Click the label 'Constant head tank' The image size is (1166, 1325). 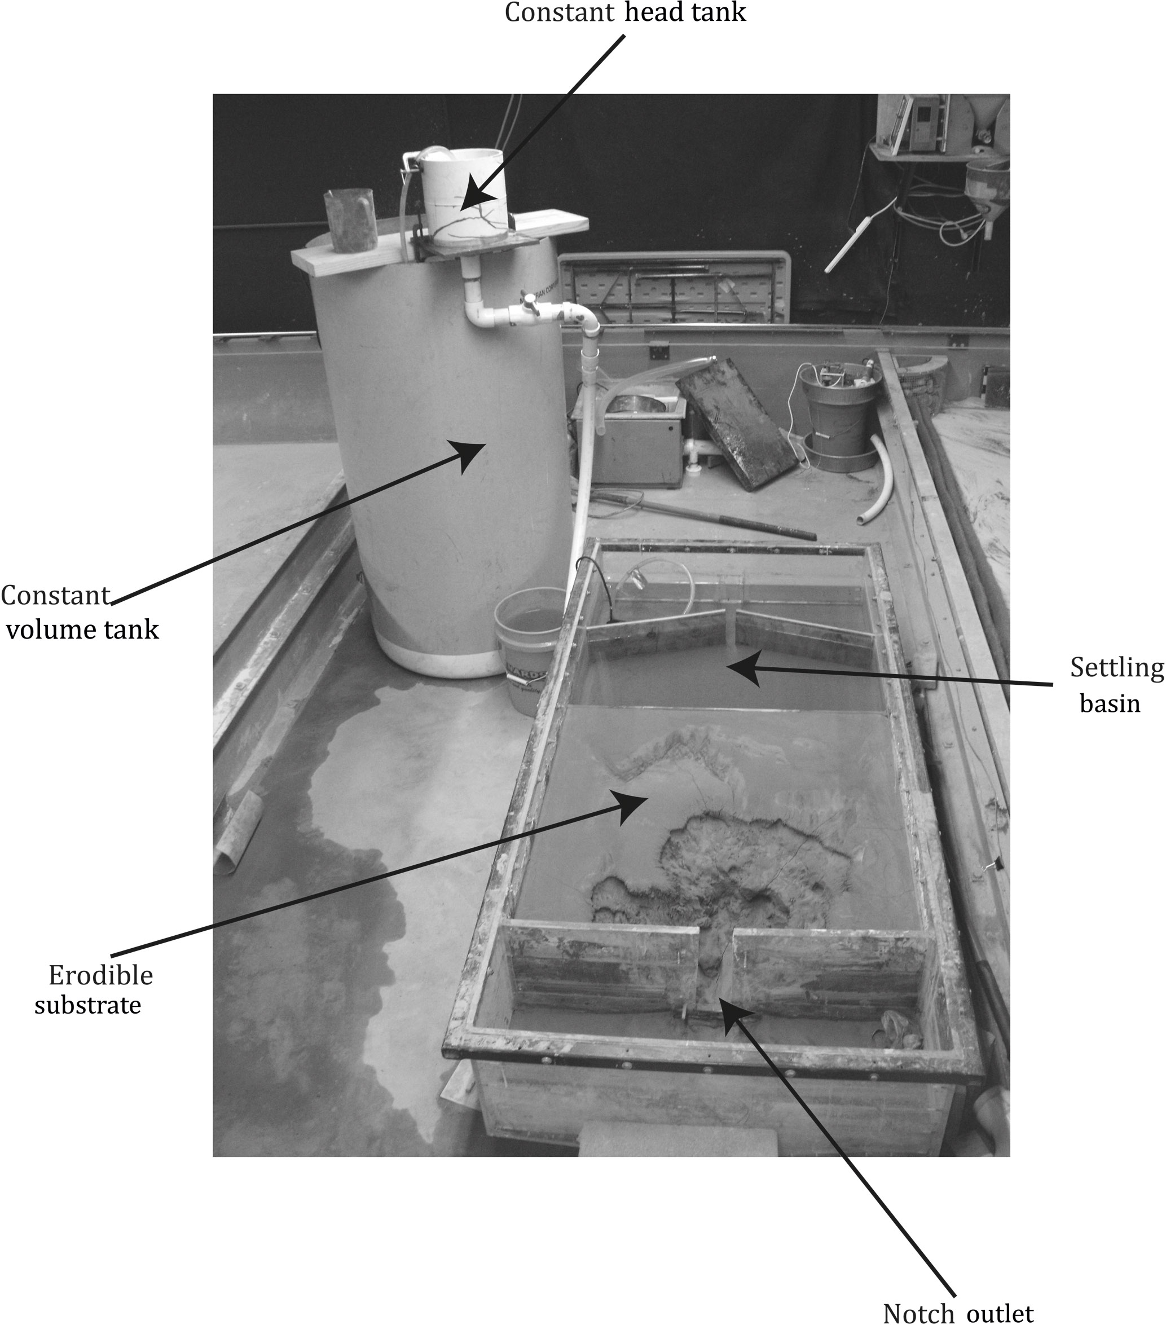pyautogui.click(x=625, y=12)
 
